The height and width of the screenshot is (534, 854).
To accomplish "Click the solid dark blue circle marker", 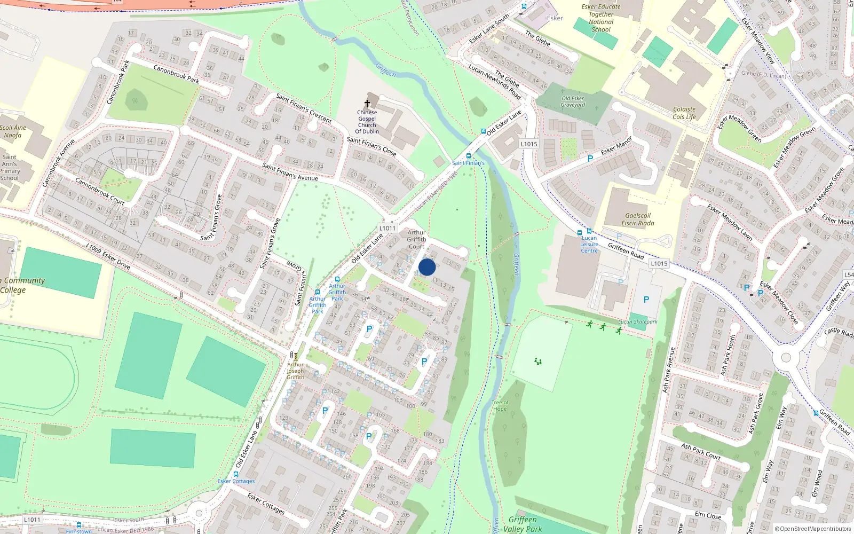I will [x=427, y=267].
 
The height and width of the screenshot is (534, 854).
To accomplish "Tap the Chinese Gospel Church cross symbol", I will [x=367, y=103].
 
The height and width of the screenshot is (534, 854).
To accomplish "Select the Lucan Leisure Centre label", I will [x=589, y=245].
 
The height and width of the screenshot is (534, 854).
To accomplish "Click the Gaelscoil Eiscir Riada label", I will [x=637, y=219].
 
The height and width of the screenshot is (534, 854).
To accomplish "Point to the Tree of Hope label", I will [x=500, y=406].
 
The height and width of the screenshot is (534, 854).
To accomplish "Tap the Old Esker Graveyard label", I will [x=573, y=101].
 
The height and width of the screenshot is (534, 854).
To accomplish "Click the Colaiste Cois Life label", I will [x=684, y=113].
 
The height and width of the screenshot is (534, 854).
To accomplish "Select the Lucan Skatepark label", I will [x=637, y=322].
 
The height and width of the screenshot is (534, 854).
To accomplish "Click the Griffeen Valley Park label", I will [x=523, y=524].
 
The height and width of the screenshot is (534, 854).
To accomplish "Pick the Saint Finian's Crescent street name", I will [x=304, y=108].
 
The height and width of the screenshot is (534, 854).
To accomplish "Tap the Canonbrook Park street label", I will [x=176, y=74].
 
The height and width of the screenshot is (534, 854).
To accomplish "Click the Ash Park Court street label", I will [x=700, y=451].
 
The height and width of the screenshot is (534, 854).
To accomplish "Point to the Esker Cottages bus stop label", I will [x=236, y=481].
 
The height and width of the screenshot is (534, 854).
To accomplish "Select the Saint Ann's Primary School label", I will [x=10, y=168].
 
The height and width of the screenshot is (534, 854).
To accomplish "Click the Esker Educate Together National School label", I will [x=601, y=18].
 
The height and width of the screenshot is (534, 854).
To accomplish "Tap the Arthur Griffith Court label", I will [x=416, y=239].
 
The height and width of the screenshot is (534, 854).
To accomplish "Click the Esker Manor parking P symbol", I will [x=590, y=159].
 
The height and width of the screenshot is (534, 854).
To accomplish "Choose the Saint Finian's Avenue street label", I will [x=290, y=171].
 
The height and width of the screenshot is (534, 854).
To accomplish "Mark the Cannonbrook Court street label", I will [x=100, y=191].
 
